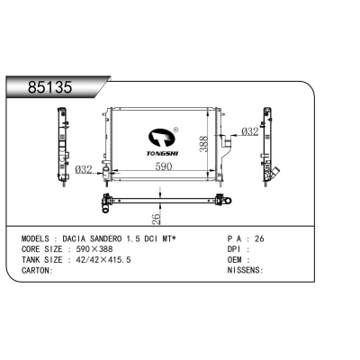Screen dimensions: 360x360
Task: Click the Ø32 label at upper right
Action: point(249,131)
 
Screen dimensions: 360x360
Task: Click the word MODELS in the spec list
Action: point(40,240)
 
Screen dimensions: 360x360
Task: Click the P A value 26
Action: point(261,240)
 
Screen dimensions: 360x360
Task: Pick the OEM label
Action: point(236,260)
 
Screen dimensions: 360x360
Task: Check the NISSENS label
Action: point(244,270)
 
